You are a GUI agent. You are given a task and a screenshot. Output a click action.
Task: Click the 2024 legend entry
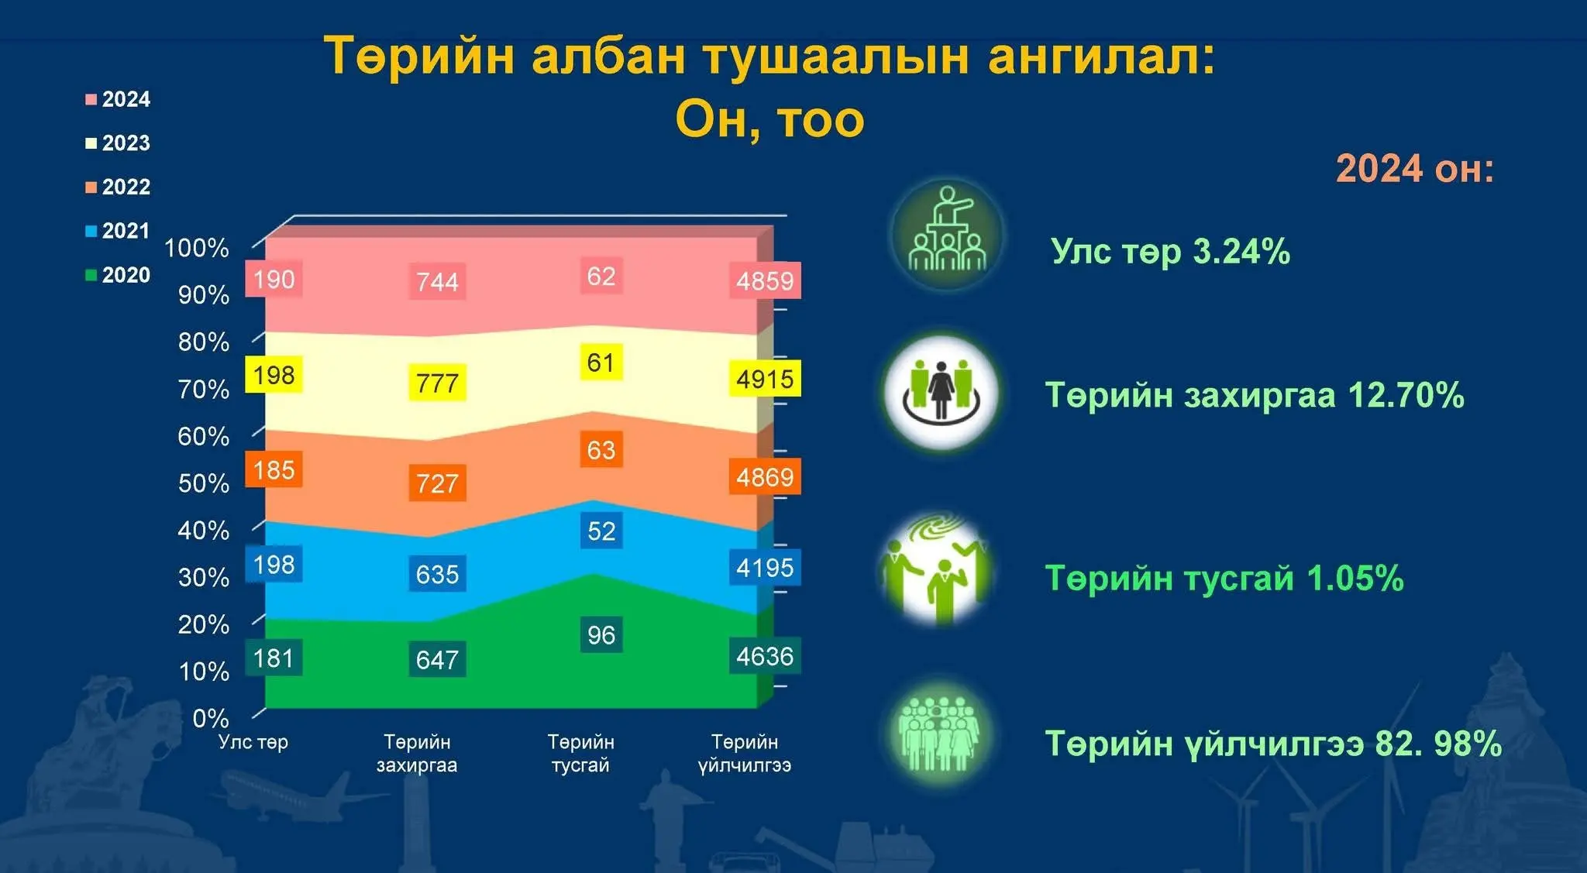[x=118, y=99]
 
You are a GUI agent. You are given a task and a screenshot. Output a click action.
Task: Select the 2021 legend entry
[x=118, y=231]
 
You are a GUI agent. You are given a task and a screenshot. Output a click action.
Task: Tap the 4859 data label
[x=765, y=280]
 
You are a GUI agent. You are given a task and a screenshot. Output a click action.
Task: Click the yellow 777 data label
[x=437, y=383]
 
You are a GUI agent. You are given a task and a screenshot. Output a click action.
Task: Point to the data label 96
[x=601, y=635]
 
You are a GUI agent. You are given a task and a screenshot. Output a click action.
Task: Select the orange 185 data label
[x=274, y=469]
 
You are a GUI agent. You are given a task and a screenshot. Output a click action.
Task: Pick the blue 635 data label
[x=437, y=574]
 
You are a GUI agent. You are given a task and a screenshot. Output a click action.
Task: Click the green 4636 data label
[x=765, y=656]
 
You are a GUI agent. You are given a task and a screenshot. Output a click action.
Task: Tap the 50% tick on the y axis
[x=204, y=483]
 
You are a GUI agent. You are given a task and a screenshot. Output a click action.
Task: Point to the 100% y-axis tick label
[x=197, y=248]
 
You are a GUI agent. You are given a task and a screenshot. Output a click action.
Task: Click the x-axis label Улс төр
[x=253, y=742]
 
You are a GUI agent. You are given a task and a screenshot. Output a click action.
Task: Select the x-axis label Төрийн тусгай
[x=580, y=754]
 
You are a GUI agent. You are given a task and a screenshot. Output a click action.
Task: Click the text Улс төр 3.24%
[x=1170, y=251]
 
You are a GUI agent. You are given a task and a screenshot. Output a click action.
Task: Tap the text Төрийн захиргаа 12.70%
[x=1255, y=395]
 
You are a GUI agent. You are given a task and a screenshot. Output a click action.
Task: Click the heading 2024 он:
[x=1415, y=168]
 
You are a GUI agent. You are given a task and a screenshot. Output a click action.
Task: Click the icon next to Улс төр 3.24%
[x=947, y=233]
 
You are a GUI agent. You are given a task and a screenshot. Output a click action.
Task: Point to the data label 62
[x=601, y=276]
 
